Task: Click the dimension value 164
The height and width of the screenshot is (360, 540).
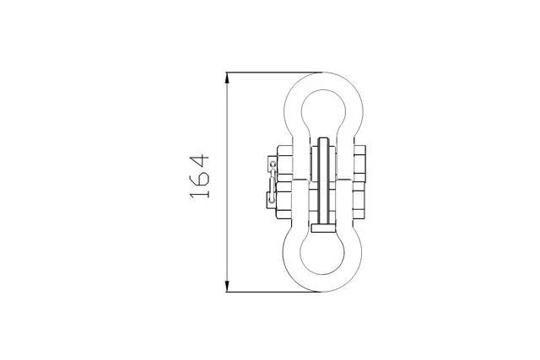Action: (x=199, y=176)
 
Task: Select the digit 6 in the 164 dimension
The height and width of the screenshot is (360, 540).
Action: (x=199, y=178)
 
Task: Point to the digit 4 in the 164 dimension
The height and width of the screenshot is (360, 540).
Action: (x=199, y=159)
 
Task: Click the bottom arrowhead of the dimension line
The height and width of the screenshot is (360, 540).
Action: (x=228, y=286)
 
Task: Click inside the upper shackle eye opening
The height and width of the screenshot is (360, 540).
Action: (x=324, y=110)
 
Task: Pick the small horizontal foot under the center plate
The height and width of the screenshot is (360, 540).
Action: (x=324, y=228)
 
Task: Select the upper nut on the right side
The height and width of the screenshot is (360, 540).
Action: (x=361, y=164)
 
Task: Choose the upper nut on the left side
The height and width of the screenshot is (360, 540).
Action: (x=284, y=164)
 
